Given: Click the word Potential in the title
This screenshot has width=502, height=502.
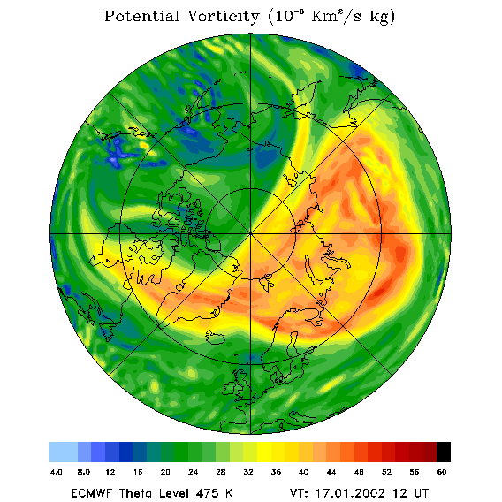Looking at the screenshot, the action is point(141,16).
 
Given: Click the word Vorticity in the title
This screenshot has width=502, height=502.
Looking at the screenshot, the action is point(223,16).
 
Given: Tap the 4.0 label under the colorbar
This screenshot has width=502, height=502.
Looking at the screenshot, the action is point(56,472).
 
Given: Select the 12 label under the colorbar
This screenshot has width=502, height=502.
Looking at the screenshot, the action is point(110,472).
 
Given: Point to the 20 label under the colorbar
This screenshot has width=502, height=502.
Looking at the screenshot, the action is point(165,472).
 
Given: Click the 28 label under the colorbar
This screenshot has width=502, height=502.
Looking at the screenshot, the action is point(221,472).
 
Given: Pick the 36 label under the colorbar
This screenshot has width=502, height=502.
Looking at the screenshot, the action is point(276,472).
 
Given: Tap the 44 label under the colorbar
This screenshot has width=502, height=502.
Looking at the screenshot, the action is point(331,472).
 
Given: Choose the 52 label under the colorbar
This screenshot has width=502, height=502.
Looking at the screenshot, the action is point(386,472).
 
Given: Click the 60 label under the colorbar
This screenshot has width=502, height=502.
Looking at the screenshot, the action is point(442,472).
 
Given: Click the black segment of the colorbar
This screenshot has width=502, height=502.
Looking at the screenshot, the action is point(444,452).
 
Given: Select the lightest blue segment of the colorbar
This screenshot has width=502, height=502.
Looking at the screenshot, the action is point(64,452).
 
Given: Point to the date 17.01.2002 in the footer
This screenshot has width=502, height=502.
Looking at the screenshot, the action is point(350,492).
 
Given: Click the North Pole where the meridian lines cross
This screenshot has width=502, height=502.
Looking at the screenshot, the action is point(251,233).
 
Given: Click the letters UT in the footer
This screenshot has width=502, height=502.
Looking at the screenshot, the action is point(421,492).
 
